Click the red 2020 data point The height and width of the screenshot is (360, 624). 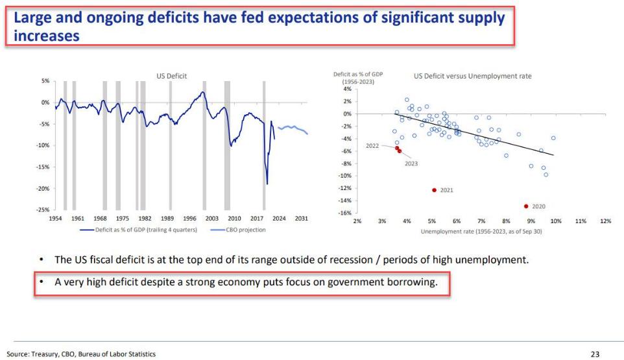click(526, 206)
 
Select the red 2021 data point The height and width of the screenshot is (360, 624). click(434, 190)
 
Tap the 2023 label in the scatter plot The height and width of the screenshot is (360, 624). click(411, 163)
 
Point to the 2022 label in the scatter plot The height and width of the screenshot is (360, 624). click(372, 146)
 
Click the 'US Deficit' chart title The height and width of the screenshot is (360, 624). click(172, 76)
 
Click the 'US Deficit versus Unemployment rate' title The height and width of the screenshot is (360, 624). click(472, 76)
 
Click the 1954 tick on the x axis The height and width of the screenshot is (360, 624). click(55, 219)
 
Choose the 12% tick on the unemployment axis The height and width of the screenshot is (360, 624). click(606, 221)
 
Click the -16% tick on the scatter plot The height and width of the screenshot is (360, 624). click(346, 213)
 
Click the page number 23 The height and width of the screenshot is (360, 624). click(595, 354)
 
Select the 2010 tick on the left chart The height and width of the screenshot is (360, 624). click(234, 219)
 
